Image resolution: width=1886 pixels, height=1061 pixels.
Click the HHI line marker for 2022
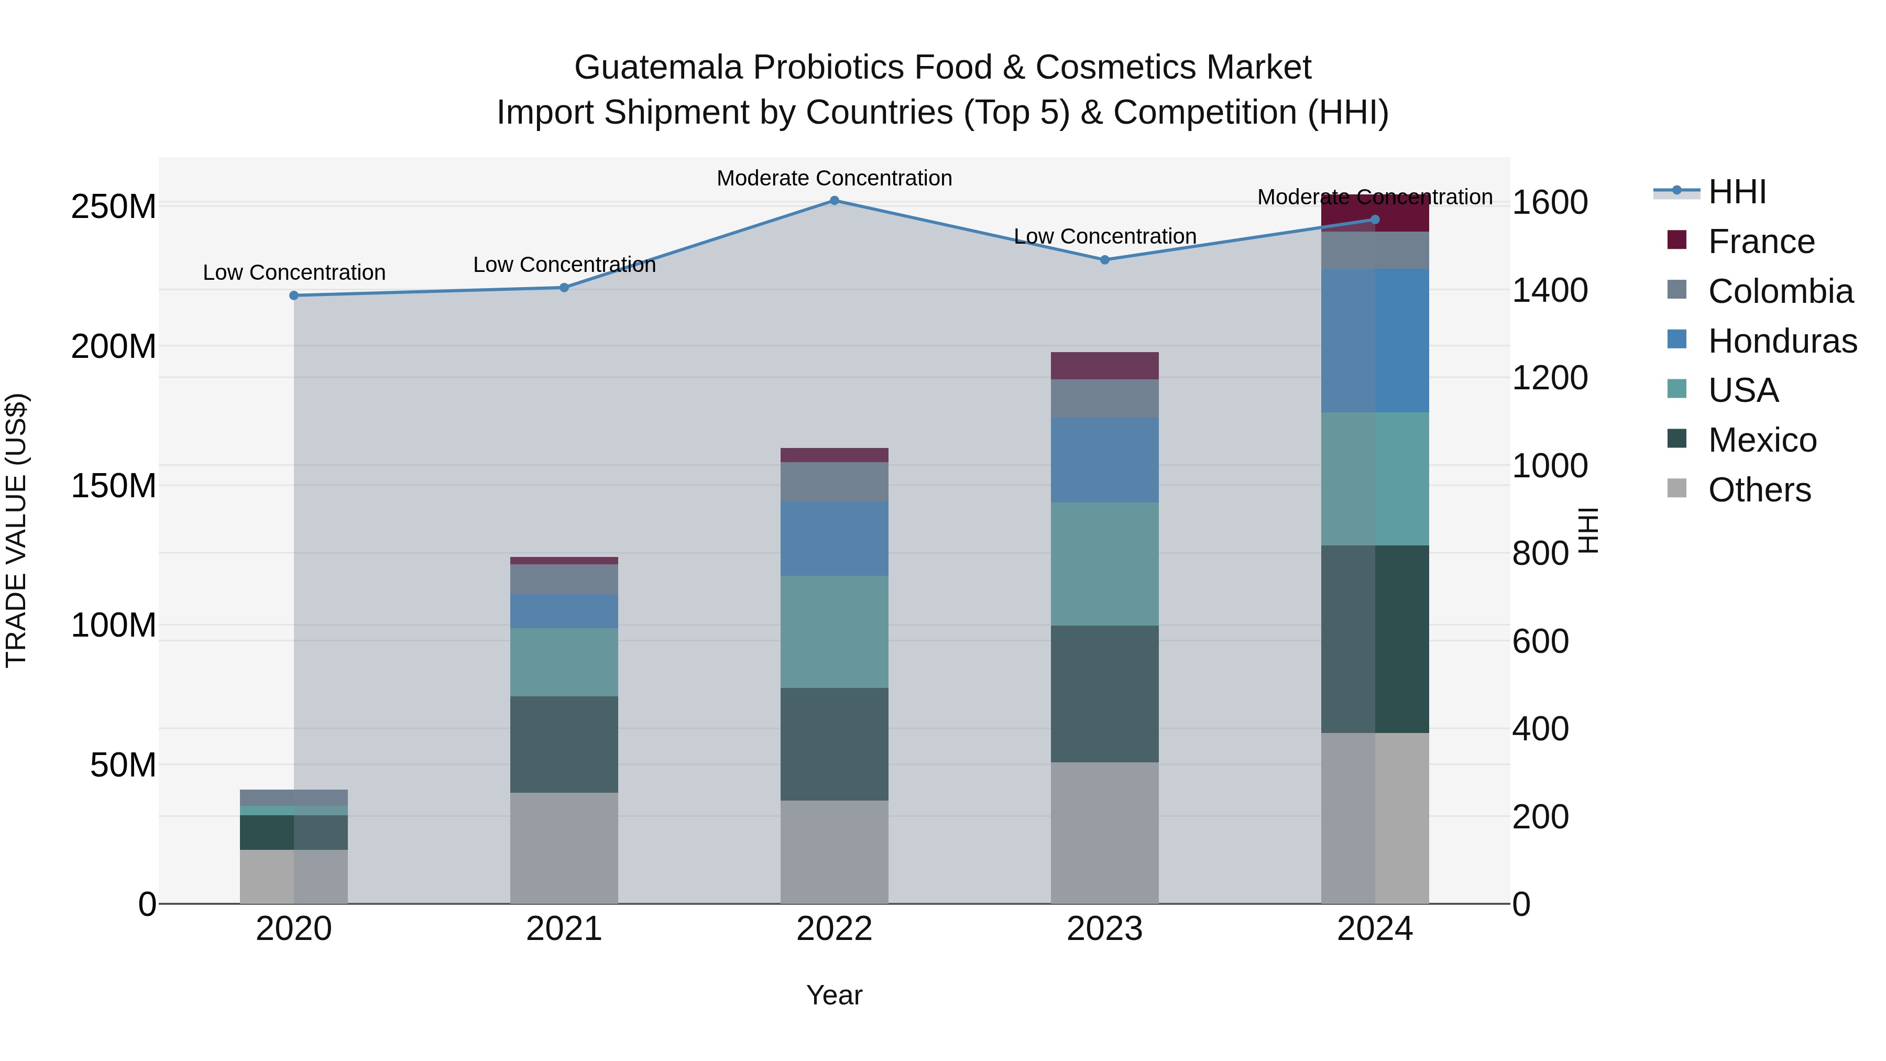pyautogui.click(x=834, y=201)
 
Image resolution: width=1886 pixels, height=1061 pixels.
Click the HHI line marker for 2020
pyautogui.click(x=293, y=296)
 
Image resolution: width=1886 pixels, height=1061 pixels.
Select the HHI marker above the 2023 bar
pyautogui.click(x=1105, y=260)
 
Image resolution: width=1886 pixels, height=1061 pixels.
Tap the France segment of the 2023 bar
pyautogui.click(x=1105, y=365)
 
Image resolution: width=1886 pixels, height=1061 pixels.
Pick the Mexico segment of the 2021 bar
pyautogui.click(x=564, y=744)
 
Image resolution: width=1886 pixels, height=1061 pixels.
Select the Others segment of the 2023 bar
pyautogui.click(x=1105, y=833)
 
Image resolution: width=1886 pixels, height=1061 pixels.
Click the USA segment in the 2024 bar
pyautogui.click(x=1375, y=479)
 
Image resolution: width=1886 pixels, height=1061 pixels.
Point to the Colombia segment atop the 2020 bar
pyautogui.click(x=293, y=797)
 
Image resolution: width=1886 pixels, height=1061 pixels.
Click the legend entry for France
pyautogui.click(x=1761, y=242)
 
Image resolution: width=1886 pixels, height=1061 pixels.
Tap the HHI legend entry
pyautogui.click(x=1736, y=192)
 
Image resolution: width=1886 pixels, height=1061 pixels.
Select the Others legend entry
pyautogui.click(x=1759, y=490)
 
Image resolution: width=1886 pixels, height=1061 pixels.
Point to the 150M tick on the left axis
pyautogui.click(x=114, y=486)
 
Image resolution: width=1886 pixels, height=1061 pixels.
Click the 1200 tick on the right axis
pyautogui.click(x=1549, y=378)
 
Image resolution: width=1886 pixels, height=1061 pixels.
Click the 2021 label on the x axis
pyautogui.click(x=564, y=929)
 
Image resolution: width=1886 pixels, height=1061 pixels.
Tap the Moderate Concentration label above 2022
pyautogui.click(x=834, y=178)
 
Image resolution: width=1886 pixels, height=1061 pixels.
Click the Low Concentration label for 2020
pyautogui.click(x=293, y=272)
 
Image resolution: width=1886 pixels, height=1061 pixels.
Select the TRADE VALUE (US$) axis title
pyautogui.click(x=16, y=530)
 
